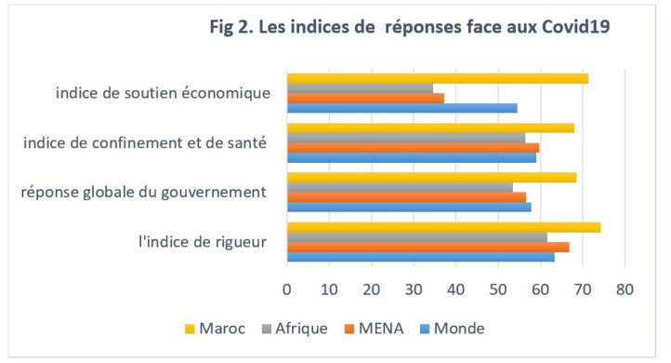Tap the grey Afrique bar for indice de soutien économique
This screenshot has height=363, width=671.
pos(360,88)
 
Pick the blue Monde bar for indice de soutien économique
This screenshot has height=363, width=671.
pos(401,108)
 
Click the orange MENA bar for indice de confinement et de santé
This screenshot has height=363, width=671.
pos(413,147)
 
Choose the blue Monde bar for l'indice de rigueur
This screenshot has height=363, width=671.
pos(420,257)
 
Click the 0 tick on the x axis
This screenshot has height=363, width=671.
pos(287,289)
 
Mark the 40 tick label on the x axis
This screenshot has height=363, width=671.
pos(455,289)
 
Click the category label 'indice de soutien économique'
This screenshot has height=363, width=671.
pos(163,93)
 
